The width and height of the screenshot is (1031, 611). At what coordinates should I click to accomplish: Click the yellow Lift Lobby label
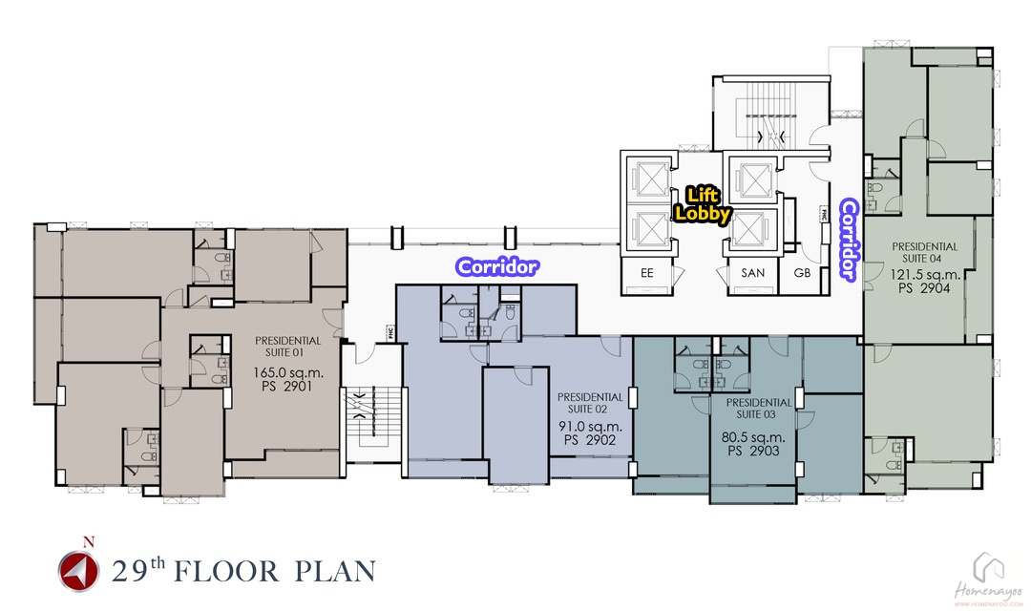[703, 204]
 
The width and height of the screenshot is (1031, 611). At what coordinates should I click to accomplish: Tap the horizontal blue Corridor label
[497, 266]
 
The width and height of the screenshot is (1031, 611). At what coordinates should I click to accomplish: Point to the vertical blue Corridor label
[849, 240]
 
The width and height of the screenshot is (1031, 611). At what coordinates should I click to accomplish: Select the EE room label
[647, 273]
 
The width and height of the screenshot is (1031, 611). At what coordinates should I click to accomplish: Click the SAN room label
[753, 273]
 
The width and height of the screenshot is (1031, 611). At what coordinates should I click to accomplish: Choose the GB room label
[802, 273]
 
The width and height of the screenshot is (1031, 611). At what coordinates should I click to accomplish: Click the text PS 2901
[286, 386]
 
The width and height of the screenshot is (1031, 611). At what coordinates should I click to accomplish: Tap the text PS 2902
[591, 440]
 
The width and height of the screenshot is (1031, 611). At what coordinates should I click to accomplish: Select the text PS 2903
[753, 452]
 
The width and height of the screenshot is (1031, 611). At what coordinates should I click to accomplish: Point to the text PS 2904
[924, 287]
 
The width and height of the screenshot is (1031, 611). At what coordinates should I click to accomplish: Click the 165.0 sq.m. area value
[288, 372]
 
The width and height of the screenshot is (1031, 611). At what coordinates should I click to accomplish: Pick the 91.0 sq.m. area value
[591, 426]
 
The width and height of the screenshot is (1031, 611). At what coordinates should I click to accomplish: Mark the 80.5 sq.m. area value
[753, 437]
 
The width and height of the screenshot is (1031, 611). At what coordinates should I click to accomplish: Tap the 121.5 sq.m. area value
[925, 274]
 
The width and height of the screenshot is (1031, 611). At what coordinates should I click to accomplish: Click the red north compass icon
[78, 571]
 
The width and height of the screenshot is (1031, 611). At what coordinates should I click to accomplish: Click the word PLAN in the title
[335, 572]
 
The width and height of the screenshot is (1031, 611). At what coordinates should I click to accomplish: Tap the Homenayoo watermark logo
[988, 579]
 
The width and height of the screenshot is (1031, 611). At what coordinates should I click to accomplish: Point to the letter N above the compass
[88, 542]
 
